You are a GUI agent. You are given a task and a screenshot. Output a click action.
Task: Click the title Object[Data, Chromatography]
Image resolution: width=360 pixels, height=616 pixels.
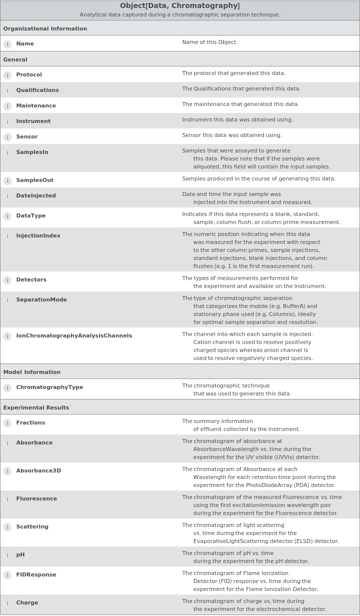pyautogui.click(x=180, y=6)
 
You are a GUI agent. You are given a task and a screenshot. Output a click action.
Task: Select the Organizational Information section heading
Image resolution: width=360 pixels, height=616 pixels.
pyautogui.click(x=45, y=28)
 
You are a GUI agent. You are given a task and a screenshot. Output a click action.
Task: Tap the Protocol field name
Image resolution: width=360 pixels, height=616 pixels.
pyautogui.click(x=29, y=74)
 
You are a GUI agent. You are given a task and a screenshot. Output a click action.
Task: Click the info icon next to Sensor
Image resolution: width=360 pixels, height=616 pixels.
pyautogui.click(x=7, y=137)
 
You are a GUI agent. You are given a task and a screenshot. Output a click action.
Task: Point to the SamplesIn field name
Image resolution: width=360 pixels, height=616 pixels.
pyautogui.click(x=32, y=152)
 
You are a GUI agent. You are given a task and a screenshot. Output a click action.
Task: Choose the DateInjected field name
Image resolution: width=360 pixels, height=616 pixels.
pyautogui.click(x=36, y=195)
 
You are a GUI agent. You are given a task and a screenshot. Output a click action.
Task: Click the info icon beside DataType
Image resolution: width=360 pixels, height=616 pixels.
pyautogui.click(x=7, y=216)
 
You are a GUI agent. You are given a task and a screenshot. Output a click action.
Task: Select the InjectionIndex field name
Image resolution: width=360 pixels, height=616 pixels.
pyautogui.click(x=38, y=235)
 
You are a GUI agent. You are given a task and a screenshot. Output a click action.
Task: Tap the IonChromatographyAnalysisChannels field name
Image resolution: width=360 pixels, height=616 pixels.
pyautogui.click(x=74, y=335)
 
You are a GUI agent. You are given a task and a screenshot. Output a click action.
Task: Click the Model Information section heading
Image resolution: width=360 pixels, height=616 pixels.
pyautogui.click(x=32, y=372)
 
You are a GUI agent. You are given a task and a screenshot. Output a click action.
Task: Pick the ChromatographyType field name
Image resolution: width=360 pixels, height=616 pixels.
pyautogui.click(x=49, y=387)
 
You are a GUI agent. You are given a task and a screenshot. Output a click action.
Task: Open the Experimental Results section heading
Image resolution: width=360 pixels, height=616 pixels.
pyautogui.click(x=36, y=407)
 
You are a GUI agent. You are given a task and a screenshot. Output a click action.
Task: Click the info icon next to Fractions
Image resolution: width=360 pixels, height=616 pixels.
pyautogui.click(x=7, y=423)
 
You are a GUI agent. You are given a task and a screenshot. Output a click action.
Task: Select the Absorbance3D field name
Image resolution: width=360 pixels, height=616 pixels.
pyautogui.click(x=38, y=470)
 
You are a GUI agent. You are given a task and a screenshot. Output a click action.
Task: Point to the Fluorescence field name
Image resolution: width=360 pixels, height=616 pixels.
pyautogui.click(x=36, y=498)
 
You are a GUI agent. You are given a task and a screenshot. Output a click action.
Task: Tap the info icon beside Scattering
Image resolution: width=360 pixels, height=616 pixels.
pyautogui.click(x=7, y=527)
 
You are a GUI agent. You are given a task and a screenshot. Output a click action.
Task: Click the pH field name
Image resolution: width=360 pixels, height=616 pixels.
pyautogui.click(x=20, y=554)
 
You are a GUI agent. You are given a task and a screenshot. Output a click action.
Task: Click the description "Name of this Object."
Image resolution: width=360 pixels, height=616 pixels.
pyautogui.click(x=210, y=42)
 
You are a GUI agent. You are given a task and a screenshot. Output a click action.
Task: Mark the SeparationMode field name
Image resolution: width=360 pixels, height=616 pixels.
pyautogui.click(x=41, y=299)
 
